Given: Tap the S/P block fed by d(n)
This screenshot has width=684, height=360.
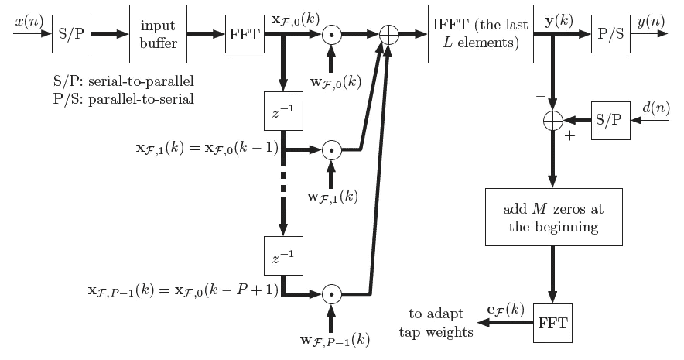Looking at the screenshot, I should click(x=610, y=121).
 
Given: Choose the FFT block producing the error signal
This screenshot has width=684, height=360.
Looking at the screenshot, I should click(x=554, y=323).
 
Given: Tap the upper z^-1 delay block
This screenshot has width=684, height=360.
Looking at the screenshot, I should click(x=282, y=113).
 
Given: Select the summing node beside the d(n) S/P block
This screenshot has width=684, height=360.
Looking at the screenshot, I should click(x=552, y=122).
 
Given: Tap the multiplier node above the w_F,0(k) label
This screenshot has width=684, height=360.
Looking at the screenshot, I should click(x=331, y=35).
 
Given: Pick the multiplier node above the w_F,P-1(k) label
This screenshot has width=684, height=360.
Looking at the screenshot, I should click(x=331, y=295).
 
